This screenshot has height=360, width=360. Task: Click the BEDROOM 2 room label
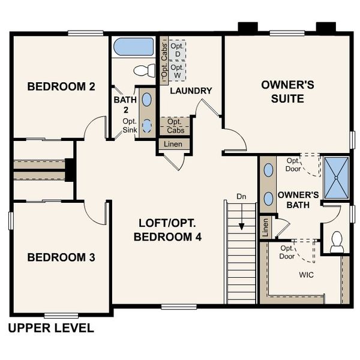[x=61, y=87]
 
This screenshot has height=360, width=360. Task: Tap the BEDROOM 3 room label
[x=61, y=257]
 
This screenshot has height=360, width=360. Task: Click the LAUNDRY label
[x=191, y=91]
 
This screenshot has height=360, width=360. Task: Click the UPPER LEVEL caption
[x=50, y=328]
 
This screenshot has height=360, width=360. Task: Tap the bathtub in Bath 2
[x=134, y=47]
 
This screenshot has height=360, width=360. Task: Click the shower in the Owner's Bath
[x=336, y=178]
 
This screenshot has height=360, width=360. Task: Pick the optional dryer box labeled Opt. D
[x=176, y=50]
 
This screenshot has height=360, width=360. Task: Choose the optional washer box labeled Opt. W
[x=176, y=71]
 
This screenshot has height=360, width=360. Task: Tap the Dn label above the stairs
[x=241, y=196]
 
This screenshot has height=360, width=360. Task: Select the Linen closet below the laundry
[x=175, y=145]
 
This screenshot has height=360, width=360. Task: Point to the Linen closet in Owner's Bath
[x=265, y=227]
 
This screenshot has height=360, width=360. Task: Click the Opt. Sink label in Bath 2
[x=130, y=125]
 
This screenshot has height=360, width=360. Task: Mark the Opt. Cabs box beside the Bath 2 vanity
[x=175, y=126]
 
